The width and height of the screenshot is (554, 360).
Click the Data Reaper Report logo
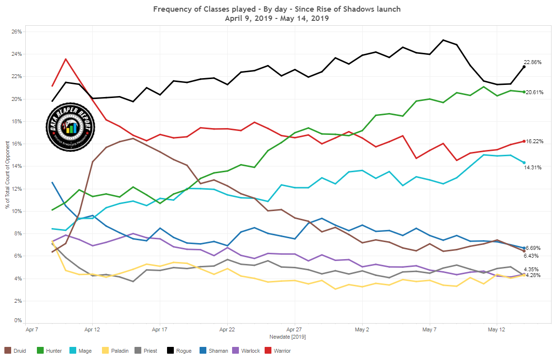point(70,127)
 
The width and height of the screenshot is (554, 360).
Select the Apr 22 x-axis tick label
point(227,329)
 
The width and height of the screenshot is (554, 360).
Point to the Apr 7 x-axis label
point(32,329)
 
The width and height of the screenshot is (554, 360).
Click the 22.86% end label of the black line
point(532,62)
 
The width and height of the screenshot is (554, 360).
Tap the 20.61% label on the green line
point(534,92)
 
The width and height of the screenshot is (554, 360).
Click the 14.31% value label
point(532,167)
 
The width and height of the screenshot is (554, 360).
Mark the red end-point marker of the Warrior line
point(523,141)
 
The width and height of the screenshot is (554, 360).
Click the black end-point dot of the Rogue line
point(523,66)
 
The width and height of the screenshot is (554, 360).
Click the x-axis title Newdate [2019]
point(287,336)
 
